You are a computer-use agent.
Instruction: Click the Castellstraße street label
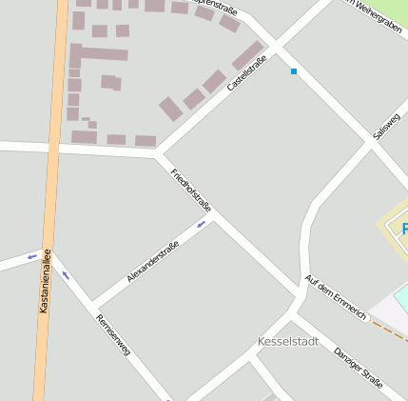[247, 72]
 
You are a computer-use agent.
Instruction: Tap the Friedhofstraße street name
[191, 190]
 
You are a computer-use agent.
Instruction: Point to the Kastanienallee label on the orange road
[45, 282]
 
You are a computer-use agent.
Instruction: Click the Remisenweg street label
[113, 335]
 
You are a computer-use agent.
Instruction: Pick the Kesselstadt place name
[288, 341]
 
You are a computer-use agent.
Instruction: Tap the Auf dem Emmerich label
[335, 296]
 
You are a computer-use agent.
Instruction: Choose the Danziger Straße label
[359, 368]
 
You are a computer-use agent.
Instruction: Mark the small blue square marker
[294, 71]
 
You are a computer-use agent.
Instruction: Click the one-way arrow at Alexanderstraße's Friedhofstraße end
[201, 225]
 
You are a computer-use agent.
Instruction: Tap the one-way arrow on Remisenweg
[66, 275]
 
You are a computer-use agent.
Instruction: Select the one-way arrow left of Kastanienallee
[31, 255]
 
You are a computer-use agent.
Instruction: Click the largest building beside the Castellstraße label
[248, 54]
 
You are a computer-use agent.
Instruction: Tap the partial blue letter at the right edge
[404, 229]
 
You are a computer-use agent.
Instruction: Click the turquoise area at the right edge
[401, 297]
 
